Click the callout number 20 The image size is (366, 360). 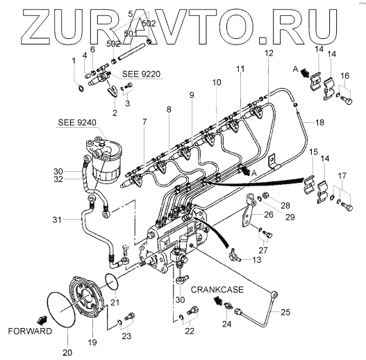67,352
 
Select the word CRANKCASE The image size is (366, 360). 217,290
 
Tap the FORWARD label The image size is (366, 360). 30,331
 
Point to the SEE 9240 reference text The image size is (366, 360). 77,122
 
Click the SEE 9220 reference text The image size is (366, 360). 142,74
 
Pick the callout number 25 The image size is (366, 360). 285,312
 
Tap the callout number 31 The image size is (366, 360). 57,220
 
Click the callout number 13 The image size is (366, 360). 257,260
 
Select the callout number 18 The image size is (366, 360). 319,122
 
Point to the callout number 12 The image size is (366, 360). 269,54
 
